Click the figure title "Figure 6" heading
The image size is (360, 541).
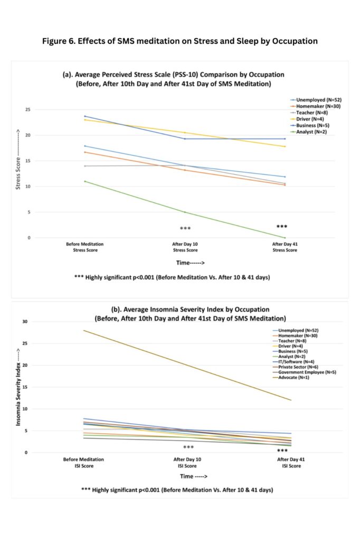[179, 41]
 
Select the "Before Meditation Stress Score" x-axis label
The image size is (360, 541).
[85, 247]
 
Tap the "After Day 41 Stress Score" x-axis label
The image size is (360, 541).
[285, 247]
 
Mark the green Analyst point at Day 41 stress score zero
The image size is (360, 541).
[285, 238]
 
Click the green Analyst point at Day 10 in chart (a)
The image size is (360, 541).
[185, 212]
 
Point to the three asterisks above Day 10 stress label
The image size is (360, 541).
[185, 228]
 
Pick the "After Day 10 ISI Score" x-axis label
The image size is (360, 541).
[188, 463]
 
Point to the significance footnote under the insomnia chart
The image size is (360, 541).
[177, 490]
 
